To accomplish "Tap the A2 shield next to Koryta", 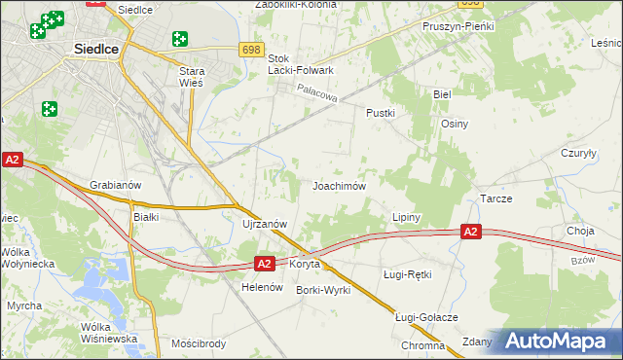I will point(264,263).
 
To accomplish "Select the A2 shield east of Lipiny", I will point(470,232).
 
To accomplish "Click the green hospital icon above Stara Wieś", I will point(179,39).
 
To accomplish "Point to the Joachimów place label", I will point(339,186).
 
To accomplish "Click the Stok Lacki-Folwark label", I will point(301,64).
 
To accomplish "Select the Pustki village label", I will point(380,113).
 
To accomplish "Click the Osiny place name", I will point(455,124).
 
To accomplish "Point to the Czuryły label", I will point(578,153).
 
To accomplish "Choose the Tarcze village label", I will point(496,198).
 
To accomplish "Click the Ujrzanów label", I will point(264,224).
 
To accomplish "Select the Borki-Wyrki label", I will point(323,290).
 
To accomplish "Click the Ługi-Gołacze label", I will point(426,317).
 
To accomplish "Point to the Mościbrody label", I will point(199,344).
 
